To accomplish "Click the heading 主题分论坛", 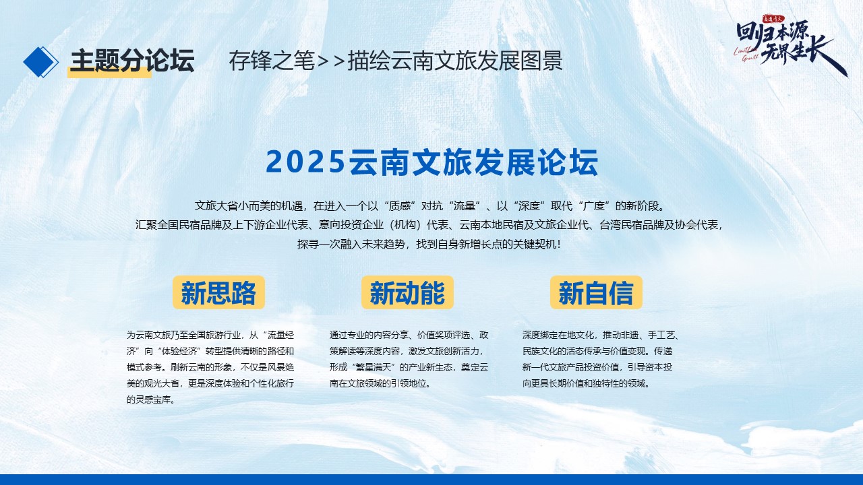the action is click(132, 61).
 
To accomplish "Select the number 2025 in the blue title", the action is click(305, 162).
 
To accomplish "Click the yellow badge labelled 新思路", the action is click(218, 292).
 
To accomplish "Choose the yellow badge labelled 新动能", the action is click(407, 292).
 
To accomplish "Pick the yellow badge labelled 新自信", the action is click(596, 292).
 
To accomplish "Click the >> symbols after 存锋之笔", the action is click(330, 61).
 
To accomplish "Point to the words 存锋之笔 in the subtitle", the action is click(272, 61).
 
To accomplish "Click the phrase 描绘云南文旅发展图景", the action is click(455, 61).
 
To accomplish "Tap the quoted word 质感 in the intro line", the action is click(399, 206).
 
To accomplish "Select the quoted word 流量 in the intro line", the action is click(465, 206).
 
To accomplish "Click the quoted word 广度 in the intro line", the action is click(594, 206).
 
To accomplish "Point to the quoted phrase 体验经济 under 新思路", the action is click(179, 351).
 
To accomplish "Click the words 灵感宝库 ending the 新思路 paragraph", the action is click(153, 399).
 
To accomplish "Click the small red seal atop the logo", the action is click(773, 18).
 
